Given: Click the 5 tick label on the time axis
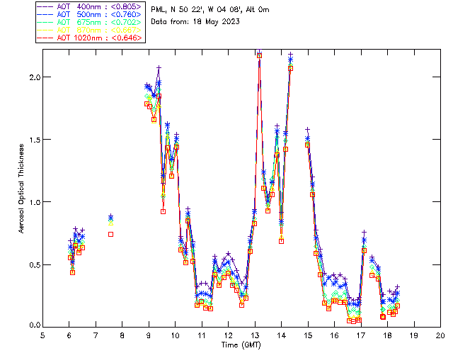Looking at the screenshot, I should pos(42,335).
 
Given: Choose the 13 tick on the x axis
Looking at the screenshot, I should pos(255,335).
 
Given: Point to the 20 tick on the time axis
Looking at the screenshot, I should pos(440,335).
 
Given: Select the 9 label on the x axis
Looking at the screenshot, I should pos(149,335).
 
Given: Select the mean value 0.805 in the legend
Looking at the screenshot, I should pos(127,5).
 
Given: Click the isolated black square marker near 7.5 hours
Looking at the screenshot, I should pos(110,234).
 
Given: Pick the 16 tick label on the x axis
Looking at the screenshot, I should pos(334,335).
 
